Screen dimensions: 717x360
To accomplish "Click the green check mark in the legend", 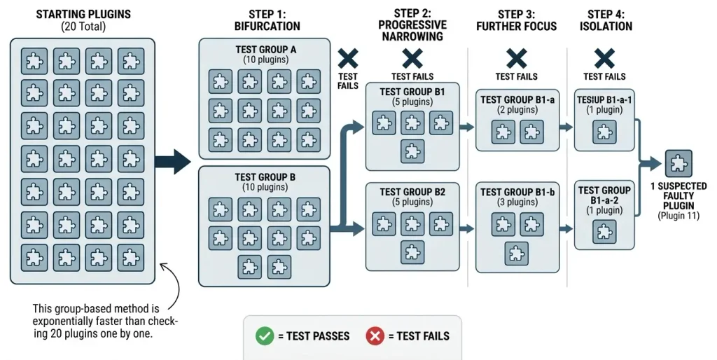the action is tap(265, 336).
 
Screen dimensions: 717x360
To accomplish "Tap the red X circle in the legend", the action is tap(375, 336).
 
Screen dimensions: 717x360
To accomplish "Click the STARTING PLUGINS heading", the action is tap(83, 14).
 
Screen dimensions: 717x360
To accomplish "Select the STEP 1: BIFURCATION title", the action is tap(267, 20).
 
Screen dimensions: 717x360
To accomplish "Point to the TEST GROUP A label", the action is tap(265, 49).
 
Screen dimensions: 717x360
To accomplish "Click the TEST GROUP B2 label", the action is tap(412, 192).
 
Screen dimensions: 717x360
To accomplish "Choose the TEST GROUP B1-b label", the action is tap(517, 192).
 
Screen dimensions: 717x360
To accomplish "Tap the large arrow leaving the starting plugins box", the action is tap(173, 162).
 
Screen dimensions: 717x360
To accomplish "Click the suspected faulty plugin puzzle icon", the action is tap(678, 163).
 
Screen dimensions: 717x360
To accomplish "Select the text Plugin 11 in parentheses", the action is tap(678, 216).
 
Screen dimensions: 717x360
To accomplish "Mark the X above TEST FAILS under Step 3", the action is tap(517, 59).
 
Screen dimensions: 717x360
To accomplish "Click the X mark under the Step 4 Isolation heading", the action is tap(604, 59).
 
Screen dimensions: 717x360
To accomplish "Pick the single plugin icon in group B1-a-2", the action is tap(604, 231).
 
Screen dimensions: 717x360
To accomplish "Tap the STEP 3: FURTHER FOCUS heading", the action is tap(517, 20).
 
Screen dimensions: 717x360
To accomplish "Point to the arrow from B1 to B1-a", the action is tap(467, 127).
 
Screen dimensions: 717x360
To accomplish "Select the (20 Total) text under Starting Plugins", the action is tap(83, 27).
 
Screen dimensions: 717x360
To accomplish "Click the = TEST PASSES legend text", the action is tap(314, 336).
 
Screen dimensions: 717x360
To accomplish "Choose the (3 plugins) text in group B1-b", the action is tap(517, 202).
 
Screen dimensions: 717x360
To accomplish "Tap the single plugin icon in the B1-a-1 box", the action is tap(604, 132).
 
